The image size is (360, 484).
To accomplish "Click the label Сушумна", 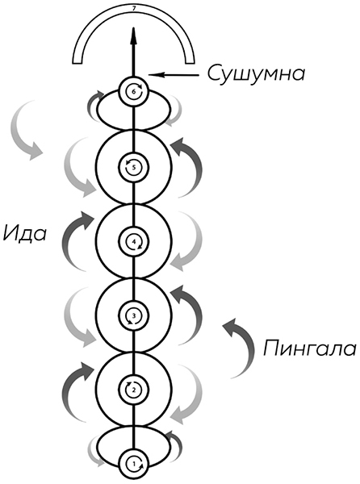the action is click(x=256, y=73).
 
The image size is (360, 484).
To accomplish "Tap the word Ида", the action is click(x=25, y=233).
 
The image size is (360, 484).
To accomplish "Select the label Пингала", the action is click(x=310, y=348).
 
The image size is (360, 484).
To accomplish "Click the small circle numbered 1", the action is click(x=134, y=464).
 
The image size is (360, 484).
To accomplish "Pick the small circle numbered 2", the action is click(x=134, y=390).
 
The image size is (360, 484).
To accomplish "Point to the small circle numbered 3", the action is click(x=134, y=315).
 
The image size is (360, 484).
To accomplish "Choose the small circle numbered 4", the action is click(x=134, y=241).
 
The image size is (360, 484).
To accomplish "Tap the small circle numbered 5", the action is click(x=134, y=167).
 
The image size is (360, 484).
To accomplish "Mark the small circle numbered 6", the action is click(x=134, y=92).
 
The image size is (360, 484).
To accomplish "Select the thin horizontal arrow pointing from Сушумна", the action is click(x=174, y=74).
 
